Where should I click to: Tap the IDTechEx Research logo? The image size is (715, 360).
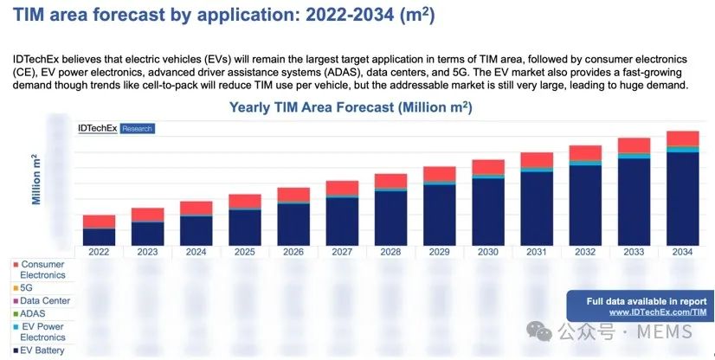pyautogui.click(x=115, y=128)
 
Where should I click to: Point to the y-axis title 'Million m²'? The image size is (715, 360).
pyautogui.click(x=36, y=179)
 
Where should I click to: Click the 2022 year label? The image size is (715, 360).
pyautogui.click(x=99, y=252)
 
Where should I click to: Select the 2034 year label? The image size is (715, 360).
pyautogui.click(x=682, y=252)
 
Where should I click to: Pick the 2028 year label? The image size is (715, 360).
pyautogui.click(x=390, y=252)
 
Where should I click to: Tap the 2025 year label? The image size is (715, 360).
pyautogui.click(x=244, y=252)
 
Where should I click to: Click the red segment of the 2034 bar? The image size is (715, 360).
pyautogui.click(x=682, y=138)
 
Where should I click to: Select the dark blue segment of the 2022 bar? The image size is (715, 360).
pyautogui.click(x=99, y=236)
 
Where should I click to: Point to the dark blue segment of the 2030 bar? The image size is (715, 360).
pyautogui.click(x=487, y=210)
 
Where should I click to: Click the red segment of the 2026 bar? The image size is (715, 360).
pyautogui.click(x=293, y=194)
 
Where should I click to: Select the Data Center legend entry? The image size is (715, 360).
pyautogui.click(x=43, y=300)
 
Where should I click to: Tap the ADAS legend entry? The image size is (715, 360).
pyautogui.click(x=33, y=313)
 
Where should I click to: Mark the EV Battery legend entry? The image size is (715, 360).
pyautogui.click(x=42, y=350)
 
